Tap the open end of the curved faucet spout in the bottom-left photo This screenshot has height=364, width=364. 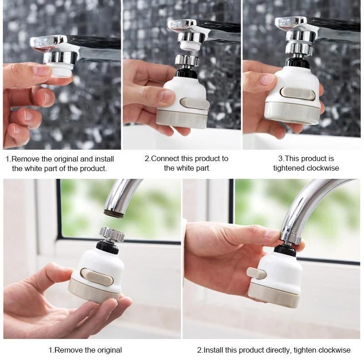114,212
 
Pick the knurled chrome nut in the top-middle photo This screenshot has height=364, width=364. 187,60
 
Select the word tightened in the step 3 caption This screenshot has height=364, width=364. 290,168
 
